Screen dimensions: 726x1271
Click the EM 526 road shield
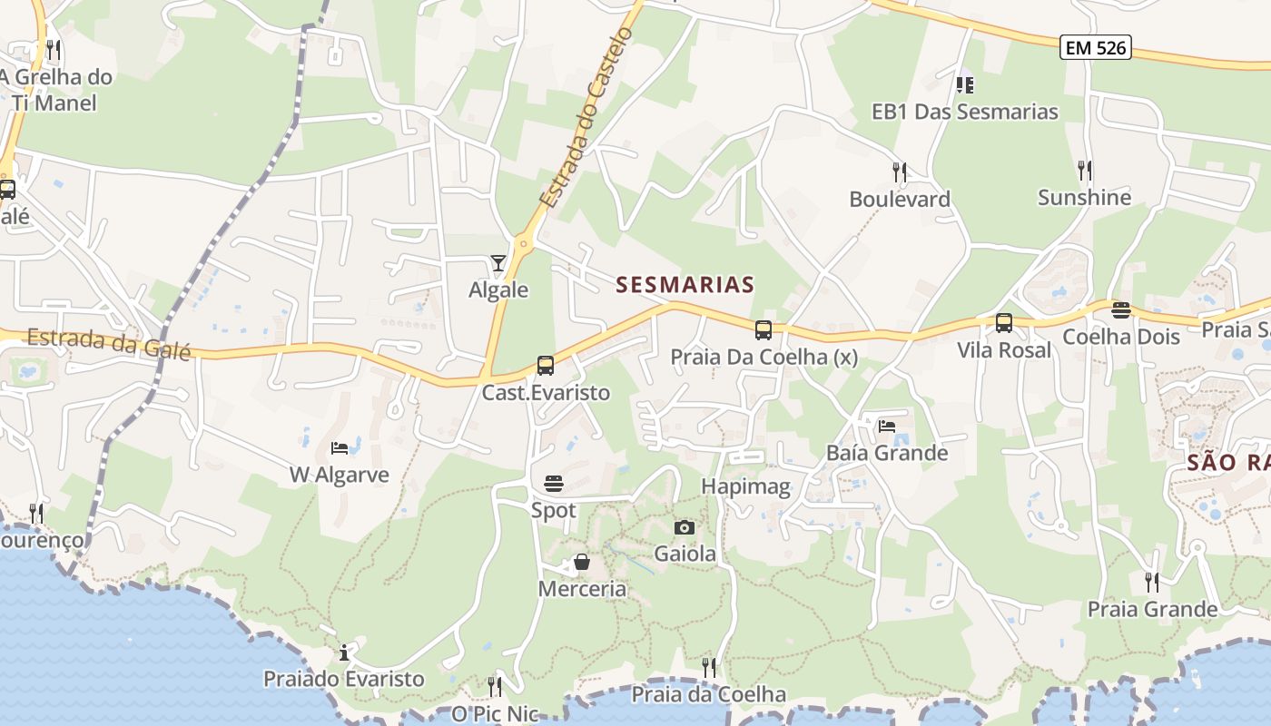click(x=1096, y=48)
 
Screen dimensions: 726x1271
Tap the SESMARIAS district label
click(x=685, y=285)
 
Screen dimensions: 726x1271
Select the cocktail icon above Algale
click(x=498, y=264)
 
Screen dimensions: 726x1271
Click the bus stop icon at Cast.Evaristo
click(x=545, y=366)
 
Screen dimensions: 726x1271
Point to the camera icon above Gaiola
click(x=685, y=527)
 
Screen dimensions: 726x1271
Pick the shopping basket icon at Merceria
click(x=581, y=563)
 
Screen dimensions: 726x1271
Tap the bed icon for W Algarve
click(x=339, y=448)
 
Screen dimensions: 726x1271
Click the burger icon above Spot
click(x=553, y=483)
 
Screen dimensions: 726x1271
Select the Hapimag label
click(x=745, y=486)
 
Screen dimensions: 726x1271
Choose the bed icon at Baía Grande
click(x=886, y=426)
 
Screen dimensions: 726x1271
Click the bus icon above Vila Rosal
click(x=1003, y=323)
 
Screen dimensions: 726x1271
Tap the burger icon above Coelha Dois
click(x=1120, y=310)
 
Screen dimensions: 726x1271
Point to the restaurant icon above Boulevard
click(x=899, y=171)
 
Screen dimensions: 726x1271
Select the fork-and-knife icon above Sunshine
click(x=1084, y=170)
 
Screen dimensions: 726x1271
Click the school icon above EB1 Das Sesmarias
click(x=964, y=85)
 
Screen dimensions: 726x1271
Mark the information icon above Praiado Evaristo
click(x=343, y=652)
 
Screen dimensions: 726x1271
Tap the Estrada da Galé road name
click(x=109, y=344)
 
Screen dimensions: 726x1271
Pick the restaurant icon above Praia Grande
click(x=1151, y=581)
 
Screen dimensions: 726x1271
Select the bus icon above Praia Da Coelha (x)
click(x=763, y=330)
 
